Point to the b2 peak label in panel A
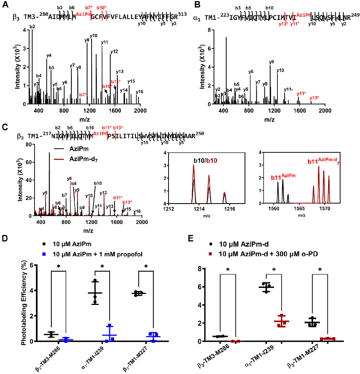click(x=32, y=26)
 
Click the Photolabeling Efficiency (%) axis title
click(x=23, y=303)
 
